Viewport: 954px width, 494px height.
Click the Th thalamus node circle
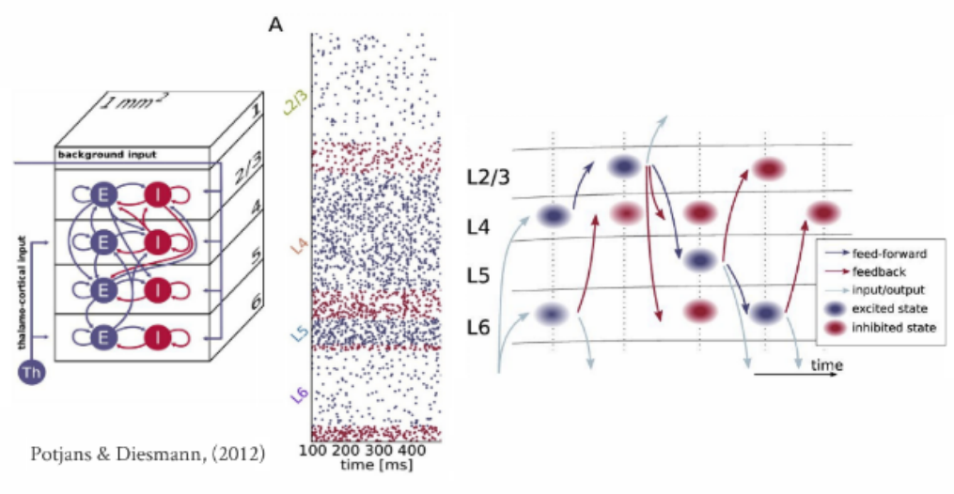coord(29,373)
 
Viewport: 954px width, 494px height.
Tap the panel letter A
coord(276,23)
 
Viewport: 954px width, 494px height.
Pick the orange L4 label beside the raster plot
coord(298,246)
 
